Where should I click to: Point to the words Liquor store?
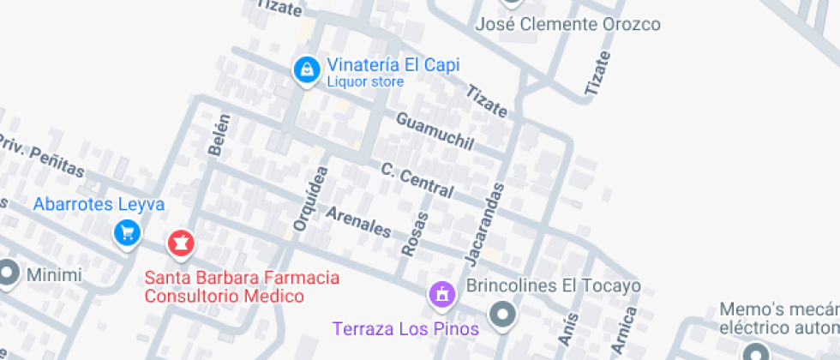tap(365, 82)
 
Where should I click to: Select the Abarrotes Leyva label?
tap(99, 205)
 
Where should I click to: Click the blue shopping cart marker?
tap(127, 232)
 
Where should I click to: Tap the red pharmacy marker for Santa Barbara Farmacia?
tap(180, 243)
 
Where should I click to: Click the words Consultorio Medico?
tap(225, 297)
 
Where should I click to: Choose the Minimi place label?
tap(54, 275)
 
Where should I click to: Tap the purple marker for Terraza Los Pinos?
tap(441, 295)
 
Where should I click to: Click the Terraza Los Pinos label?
tap(405, 328)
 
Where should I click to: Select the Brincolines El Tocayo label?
tap(553, 285)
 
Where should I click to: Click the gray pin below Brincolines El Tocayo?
tap(504, 313)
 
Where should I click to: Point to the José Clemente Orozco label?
tap(568, 24)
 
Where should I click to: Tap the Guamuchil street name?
tap(435, 132)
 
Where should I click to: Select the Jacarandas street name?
tap(484, 222)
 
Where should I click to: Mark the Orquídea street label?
tap(310, 199)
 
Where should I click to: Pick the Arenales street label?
tap(358, 221)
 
